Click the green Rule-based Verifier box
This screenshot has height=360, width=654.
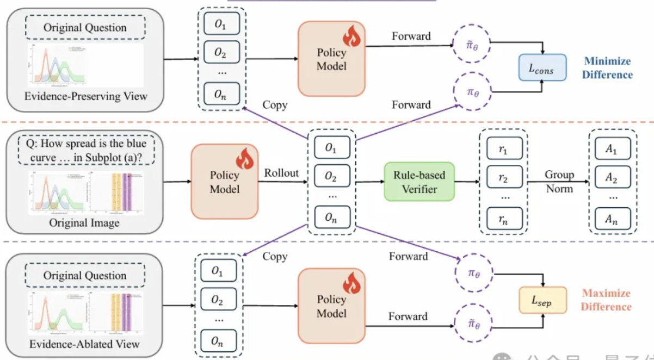[x=419, y=181]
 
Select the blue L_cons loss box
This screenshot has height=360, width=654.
[x=543, y=67]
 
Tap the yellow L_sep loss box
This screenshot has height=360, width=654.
[x=543, y=300]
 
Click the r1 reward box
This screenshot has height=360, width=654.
[x=504, y=148]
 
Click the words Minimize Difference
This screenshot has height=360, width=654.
[x=607, y=68]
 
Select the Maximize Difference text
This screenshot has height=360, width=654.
[x=606, y=300]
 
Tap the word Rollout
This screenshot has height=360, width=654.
[x=282, y=173]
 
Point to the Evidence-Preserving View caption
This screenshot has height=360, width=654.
[x=85, y=97]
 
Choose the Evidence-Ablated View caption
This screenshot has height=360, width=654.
[x=85, y=344]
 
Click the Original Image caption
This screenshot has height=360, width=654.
[x=85, y=223]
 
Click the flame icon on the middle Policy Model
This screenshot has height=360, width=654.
[x=245, y=159]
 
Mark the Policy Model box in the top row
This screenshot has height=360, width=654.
[x=331, y=59]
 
